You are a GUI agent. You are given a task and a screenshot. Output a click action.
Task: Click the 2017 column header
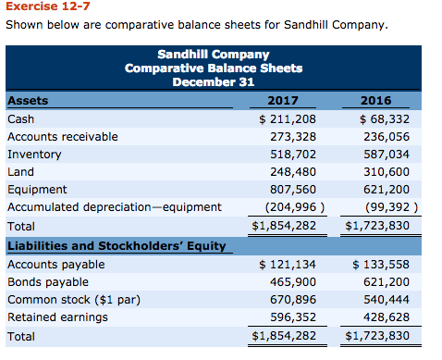click(x=288, y=101)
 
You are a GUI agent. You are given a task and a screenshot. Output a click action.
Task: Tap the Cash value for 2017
click(x=288, y=118)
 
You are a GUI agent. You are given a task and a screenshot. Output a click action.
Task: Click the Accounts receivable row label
click(x=62, y=136)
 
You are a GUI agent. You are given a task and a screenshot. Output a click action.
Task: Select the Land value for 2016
click(x=380, y=171)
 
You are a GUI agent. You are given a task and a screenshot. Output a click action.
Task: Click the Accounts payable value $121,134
click(x=288, y=265)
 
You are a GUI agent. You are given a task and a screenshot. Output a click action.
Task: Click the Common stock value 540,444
click(x=380, y=300)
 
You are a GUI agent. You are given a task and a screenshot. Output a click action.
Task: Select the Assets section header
click(x=28, y=101)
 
